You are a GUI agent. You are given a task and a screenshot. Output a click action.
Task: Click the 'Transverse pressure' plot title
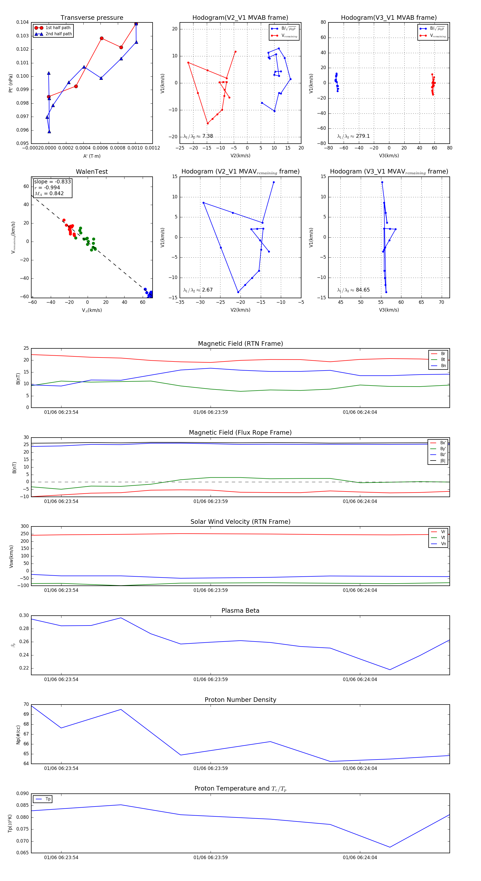tap(92, 18)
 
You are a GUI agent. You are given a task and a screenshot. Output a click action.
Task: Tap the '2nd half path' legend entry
tap(59, 34)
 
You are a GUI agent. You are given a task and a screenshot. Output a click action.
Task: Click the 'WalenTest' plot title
tap(92, 172)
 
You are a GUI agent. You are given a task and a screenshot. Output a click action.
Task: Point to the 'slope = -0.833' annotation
tap(52, 182)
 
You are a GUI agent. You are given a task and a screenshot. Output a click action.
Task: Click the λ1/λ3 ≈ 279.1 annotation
tap(353, 136)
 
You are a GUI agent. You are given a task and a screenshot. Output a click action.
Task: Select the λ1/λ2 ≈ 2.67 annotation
tap(198, 290)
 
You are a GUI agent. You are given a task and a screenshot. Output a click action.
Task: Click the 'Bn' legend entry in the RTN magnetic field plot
tap(443, 365)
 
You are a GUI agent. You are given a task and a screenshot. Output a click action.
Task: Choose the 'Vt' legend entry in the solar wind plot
tap(443, 538)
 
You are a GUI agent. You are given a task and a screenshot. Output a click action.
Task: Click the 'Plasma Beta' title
tap(240, 611)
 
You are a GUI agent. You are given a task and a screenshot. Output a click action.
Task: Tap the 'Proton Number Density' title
tap(240, 700)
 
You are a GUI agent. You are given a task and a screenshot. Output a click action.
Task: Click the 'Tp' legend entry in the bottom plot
tap(48, 799)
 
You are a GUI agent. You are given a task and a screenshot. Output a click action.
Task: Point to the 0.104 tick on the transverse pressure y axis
tap(23, 23)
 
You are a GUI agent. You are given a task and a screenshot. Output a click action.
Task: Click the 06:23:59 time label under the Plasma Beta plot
tap(211, 679)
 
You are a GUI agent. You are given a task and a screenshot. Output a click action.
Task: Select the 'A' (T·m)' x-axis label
tap(92, 156)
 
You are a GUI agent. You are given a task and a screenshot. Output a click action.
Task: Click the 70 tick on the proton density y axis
tap(26, 705)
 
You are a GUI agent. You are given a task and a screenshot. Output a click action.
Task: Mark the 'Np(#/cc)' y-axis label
tap(18, 735)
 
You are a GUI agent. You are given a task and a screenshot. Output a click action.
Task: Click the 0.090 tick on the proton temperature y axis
tap(23, 793)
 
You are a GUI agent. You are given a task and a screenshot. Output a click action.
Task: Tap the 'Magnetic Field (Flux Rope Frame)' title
tap(240, 433)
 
